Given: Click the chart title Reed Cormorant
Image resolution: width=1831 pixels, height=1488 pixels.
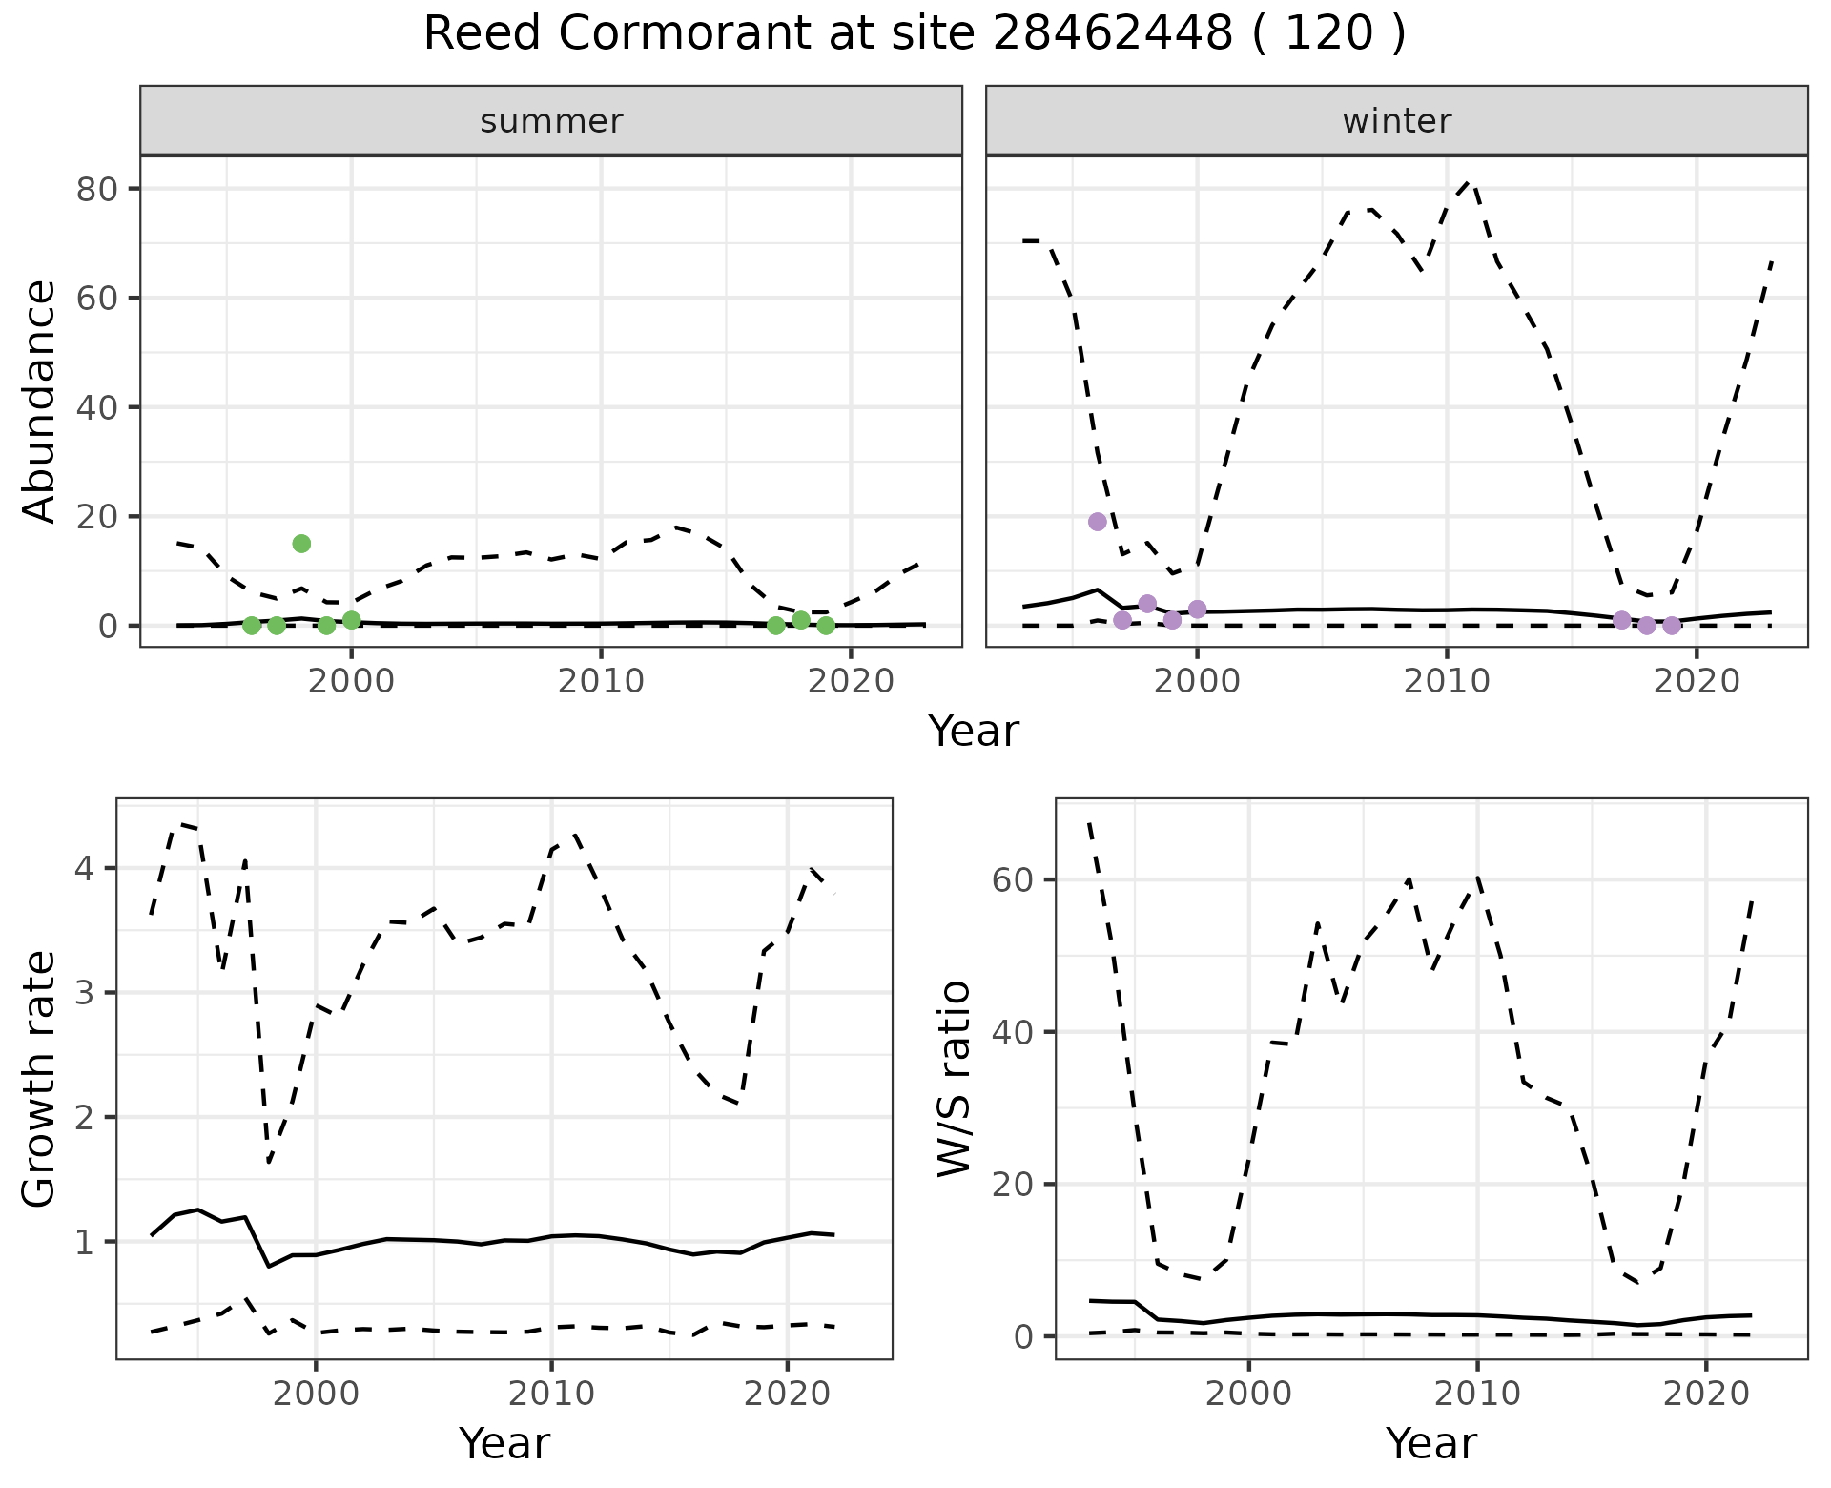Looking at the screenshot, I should [914, 34].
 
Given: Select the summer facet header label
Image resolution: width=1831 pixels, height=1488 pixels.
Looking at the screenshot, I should [551, 121].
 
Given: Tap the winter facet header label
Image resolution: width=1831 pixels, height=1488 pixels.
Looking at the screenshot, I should [1396, 121].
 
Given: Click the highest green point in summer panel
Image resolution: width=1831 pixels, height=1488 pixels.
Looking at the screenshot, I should [301, 544].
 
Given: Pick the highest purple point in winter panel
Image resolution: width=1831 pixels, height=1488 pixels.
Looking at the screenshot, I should [1098, 522].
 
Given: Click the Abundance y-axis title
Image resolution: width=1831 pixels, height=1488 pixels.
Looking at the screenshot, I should [40, 401].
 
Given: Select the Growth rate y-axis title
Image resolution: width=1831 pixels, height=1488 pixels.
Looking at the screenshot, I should [40, 1080].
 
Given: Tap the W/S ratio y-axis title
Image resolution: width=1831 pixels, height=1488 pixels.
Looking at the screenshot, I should [954, 1080].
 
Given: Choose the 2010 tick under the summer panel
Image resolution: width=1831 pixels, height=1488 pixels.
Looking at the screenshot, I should [601, 682].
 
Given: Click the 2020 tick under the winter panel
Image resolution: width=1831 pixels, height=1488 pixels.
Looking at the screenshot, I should [1697, 682].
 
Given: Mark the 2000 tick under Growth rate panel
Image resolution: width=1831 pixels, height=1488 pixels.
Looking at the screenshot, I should [316, 1394].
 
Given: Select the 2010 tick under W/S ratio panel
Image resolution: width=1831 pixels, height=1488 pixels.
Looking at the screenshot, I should [1477, 1394].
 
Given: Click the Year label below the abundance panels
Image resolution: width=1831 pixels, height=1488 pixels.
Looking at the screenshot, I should [974, 732].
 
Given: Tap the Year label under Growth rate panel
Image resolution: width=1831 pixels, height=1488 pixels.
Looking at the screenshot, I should [504, 1443].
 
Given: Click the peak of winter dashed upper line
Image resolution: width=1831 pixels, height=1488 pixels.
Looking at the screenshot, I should [1470, 180].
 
